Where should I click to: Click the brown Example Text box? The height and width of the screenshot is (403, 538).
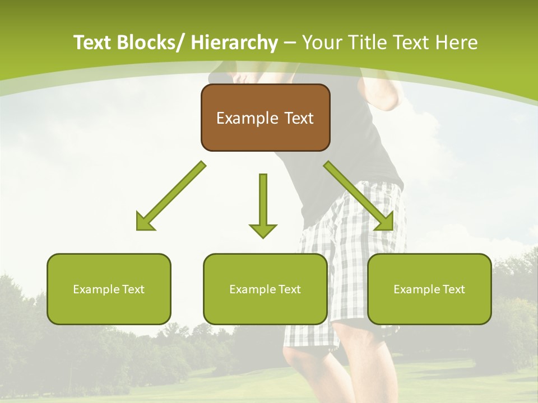(x=265, y=118)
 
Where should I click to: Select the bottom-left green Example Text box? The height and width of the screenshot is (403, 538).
(x=109, y=289)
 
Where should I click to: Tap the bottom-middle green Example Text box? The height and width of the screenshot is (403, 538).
(x=265, y=289)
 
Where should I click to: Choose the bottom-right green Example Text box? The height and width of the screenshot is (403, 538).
(x=429, y=289)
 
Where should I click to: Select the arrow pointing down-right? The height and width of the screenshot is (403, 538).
(x=358, y=196)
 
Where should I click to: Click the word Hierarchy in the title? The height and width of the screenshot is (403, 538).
(x=234, y=43)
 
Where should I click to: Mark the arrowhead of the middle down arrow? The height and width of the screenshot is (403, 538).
(x=263, y=230)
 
